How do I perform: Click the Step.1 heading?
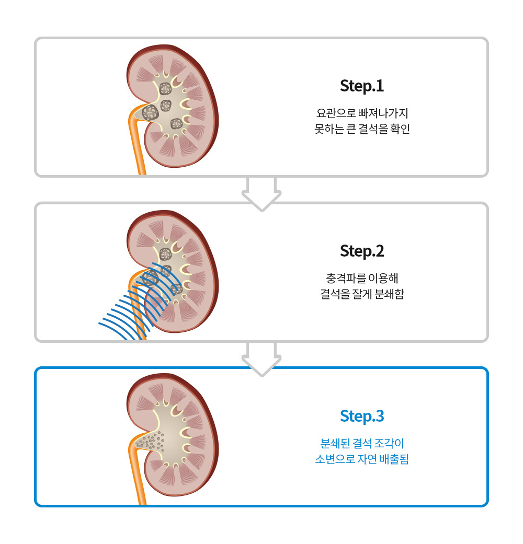pos(362,86)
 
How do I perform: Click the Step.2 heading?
pos(362,251)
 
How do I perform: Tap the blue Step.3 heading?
pos(362,416)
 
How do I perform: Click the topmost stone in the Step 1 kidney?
pos(165,88)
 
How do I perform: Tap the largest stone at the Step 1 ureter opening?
pos(151,112)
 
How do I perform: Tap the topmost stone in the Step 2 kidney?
pos(165,254)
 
